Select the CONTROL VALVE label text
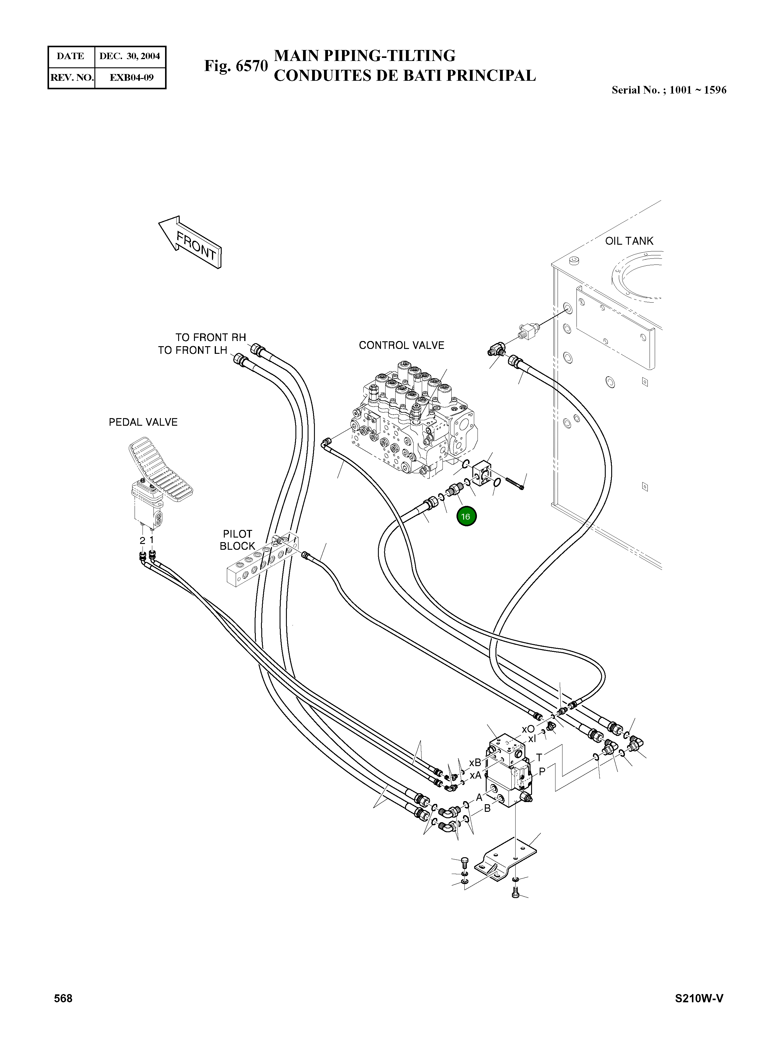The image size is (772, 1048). point(401,345)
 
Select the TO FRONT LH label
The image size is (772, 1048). point(192,350)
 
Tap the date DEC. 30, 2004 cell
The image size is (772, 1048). point(130,56)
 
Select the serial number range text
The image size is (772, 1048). point(669,90)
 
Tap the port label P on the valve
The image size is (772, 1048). point(542,771)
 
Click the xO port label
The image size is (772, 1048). point(528,729)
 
